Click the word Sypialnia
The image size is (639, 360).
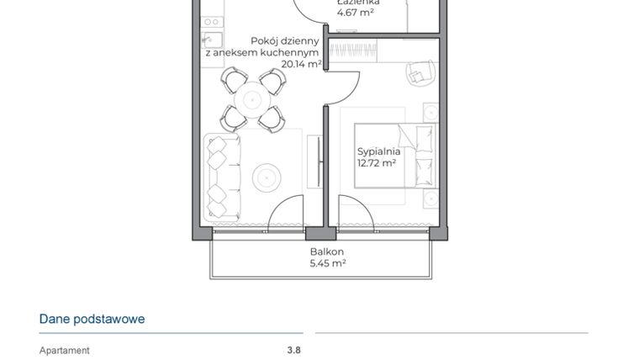click(x=377, y=152)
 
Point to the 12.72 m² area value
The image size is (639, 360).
click(x=377, y=164)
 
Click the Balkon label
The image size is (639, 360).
click(x=326, y=251)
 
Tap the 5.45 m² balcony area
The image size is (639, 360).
click(x=326, y=263)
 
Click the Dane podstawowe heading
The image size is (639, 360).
click(x=92, y=320)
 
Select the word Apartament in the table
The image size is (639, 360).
click(x=64, y=351)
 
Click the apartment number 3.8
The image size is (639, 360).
click(x=293, y=351)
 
